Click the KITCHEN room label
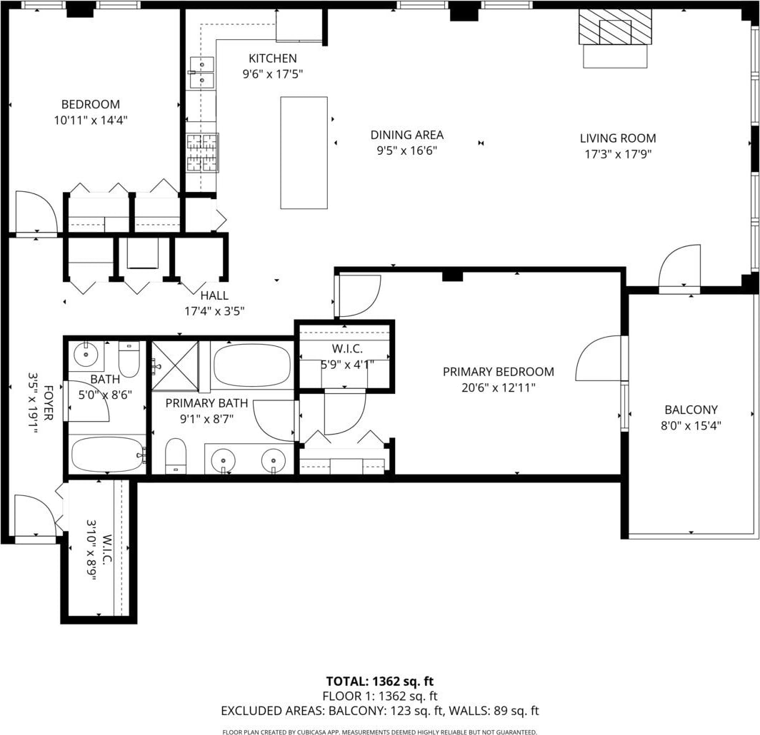[x=272, y=59]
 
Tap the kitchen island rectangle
[x=304, y=153]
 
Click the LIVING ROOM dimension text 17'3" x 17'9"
[x=618, y=154]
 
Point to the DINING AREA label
[x=407, y=135]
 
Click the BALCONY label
[x=691, y=410]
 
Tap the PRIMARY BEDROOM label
[x=499, y=372]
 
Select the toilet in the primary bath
[x=176, y=455]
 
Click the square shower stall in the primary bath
[x=175, y=365]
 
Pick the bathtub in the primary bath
[x=252, y=365]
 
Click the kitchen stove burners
[x=203, y=153]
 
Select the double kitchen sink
[x=202, y=73]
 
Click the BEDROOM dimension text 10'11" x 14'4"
[x=91, y=120]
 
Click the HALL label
[x=214, y=295]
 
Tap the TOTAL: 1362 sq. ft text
[x=380, y=681]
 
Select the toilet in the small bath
[x=129, y=359]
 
